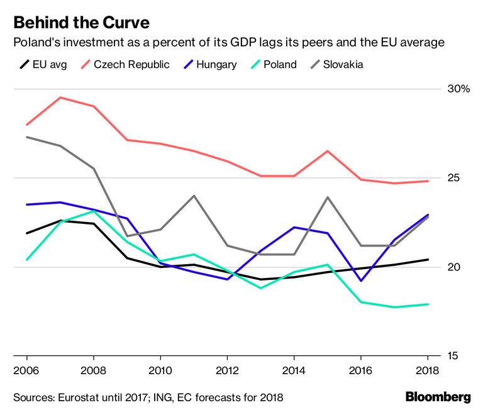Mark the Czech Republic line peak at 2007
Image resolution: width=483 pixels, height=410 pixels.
click(60, 97)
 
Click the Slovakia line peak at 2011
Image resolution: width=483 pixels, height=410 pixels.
click(194, 196)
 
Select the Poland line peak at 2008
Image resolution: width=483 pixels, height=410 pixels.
click(93, 211)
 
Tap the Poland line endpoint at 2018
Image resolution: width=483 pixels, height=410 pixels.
click(428, 304)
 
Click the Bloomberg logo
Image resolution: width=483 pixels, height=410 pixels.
click(438, 397)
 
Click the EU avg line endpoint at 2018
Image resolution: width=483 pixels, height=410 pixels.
click(428, 260)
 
